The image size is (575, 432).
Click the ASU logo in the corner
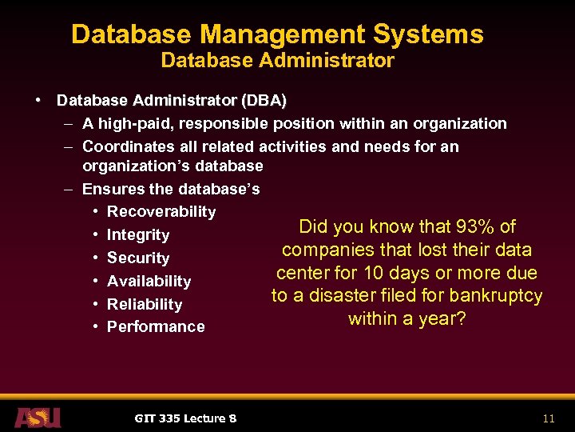(x=38, y=417)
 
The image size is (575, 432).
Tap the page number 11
(x=548, y=418)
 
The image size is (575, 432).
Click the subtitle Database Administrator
(x=277, y=61)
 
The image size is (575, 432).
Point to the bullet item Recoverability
(x=161, y=211)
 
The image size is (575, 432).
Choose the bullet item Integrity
(x=138, y=234)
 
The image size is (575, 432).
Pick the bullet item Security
(x=138, y=258)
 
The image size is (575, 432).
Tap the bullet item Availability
(x=149, y=281)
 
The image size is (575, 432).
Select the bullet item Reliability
(x=145, y=304)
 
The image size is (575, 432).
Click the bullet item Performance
(x=156, y=326)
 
